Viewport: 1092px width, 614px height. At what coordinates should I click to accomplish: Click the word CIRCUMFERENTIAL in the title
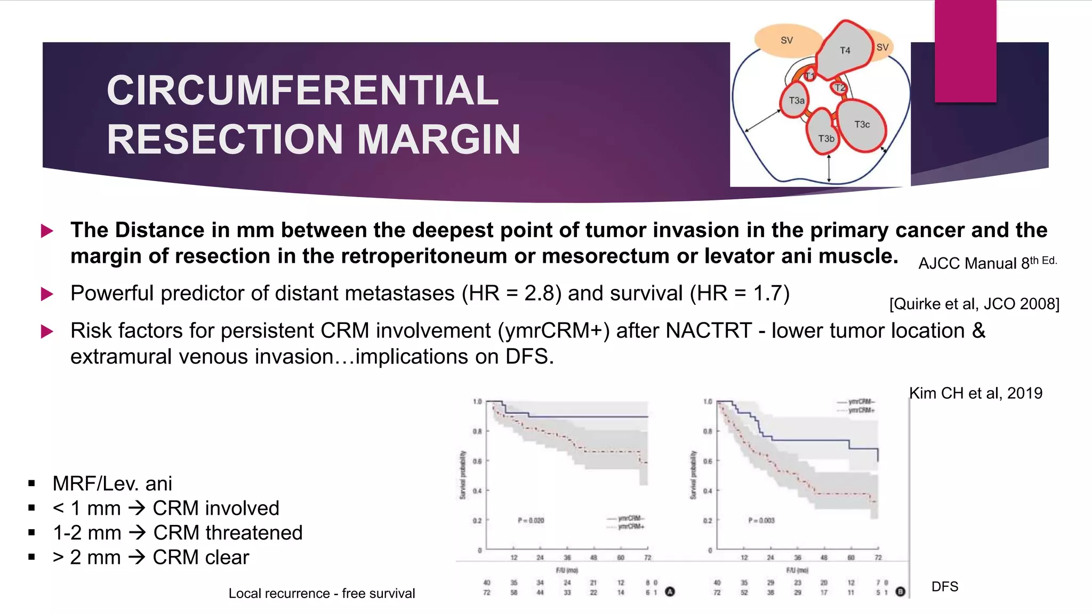[x=302, y=91]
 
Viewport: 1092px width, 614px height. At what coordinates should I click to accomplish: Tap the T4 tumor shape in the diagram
[x=845, y=51]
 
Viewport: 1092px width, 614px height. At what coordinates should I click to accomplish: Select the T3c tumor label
[x=862, y=125]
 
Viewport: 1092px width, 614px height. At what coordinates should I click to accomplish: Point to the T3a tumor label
[x=796, y=101]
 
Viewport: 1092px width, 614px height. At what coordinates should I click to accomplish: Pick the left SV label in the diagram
[x=786, y=41]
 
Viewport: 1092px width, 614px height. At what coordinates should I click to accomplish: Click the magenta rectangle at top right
[x=965, y=51]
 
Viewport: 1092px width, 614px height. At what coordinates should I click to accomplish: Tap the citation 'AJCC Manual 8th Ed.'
[x=987, y=263]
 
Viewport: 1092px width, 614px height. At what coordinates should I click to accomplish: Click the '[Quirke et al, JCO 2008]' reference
[x=974, y=304]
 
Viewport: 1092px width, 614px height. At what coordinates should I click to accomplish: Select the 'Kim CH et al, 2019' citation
[x=975, y=393]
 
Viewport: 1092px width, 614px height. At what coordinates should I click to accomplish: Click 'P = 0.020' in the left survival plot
[x=531, y=520]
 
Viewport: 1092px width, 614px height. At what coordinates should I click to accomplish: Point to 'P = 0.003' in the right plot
[x=761, y=520]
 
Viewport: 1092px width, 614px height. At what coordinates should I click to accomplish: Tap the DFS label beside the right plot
[x=944, y=587]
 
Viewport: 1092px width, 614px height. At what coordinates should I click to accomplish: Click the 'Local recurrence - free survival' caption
[x=322, y=594]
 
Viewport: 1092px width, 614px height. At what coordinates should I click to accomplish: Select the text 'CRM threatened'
[x=228, y=533]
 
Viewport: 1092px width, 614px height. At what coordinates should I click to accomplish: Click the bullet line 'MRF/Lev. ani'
[x=112, y=484]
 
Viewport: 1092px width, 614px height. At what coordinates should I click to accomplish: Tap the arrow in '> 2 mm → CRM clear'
[x=137, y=558]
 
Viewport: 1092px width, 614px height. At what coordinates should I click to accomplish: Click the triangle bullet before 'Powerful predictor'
[x=47, y=294]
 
